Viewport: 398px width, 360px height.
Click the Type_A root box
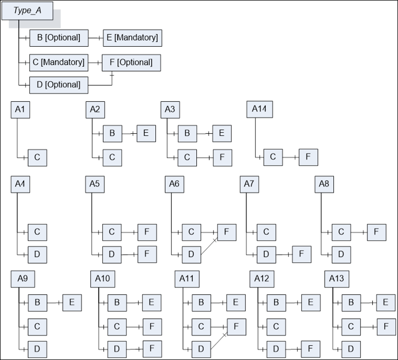(x=27, y=10)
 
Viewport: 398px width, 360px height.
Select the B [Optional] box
(x=59, y=38)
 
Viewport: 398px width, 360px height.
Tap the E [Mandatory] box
(x=132, y=38)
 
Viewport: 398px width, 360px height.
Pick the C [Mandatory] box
(x=59, y=62)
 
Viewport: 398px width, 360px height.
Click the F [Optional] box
(x=131, y=62)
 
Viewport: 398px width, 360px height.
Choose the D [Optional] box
(x=59, y=85)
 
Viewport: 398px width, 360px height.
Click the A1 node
(x=20, y=110)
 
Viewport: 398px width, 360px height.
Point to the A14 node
(x=260, y=109)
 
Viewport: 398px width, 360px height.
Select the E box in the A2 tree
(x=146, y=133)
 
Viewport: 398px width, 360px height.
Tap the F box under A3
(x=222, y=158)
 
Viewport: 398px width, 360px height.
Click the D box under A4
(x=37, y=255)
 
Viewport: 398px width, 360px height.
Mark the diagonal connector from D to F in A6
(x=209, y=247)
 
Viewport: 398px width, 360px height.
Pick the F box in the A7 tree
(x=301, y=254)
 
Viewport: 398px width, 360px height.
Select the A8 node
(x=324, y=184)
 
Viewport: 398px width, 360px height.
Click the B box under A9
(x=37, y=303)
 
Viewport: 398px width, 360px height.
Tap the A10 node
(x=102, y=279)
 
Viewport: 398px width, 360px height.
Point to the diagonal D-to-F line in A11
(x=218, y=342)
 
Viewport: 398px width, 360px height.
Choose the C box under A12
(x=276, y=327)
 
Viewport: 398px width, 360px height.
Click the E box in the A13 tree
(x=386, y=303)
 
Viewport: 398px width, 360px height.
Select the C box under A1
(x=37, y=158)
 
